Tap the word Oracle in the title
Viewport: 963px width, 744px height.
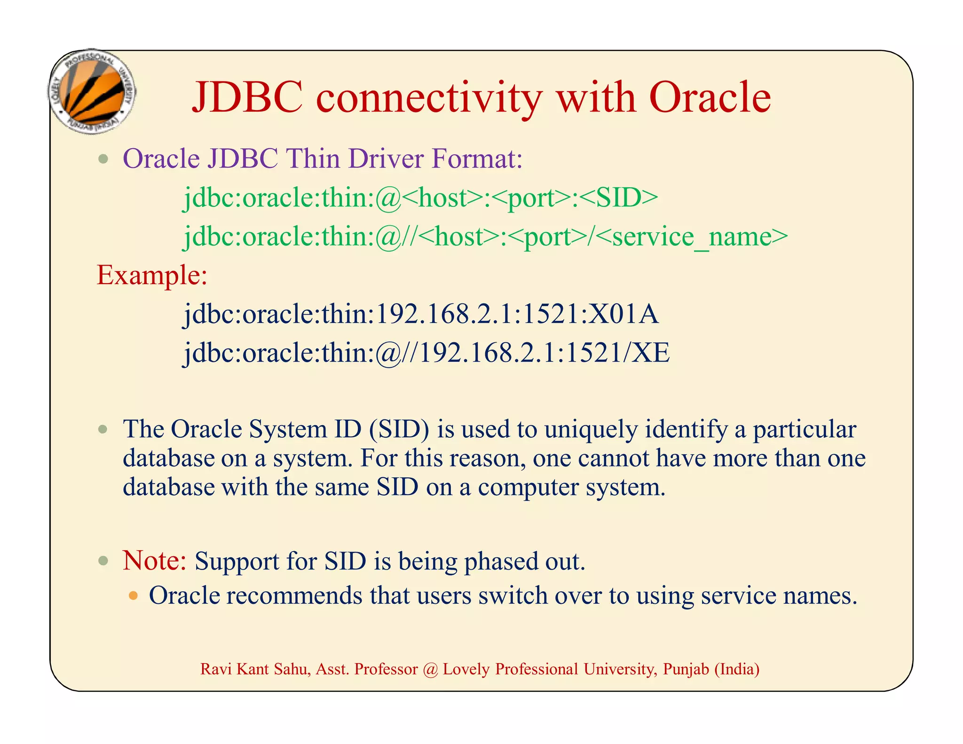coord(710,98)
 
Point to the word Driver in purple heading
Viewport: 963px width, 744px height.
coord(386,158)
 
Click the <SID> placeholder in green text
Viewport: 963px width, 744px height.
coord(619,198)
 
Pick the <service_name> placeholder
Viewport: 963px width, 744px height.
coord(693,237)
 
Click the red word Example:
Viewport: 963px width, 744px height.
coord(152,275)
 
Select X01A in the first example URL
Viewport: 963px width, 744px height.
coord(624,314)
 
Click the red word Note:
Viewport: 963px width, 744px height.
coord(155,561)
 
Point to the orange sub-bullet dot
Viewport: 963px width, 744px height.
coord(134,596)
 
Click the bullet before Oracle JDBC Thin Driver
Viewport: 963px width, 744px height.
coord(103,159)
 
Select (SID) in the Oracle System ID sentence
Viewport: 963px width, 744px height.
coord(399,429)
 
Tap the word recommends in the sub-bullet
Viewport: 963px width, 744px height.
coord(294,596)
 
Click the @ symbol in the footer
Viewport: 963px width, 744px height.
coord(430,669)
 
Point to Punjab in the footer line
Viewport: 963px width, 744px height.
coord(686,669)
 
